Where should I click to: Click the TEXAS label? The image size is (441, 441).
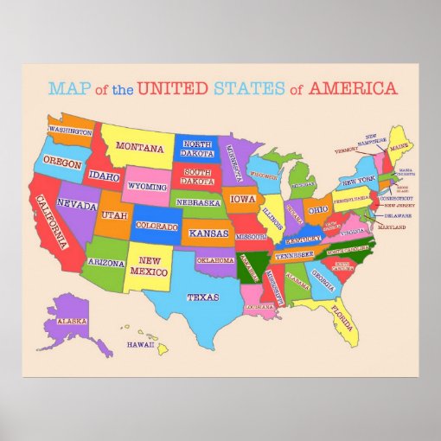(202, 297)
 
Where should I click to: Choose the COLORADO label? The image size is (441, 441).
(157, 227)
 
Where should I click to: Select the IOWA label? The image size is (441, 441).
(243, 198)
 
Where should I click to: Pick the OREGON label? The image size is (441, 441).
(61, 163)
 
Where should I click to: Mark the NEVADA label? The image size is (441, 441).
(77, 206)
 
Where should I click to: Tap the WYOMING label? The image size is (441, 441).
(147, 186)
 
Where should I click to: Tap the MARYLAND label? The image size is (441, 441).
(391, 227)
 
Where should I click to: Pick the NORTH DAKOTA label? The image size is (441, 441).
(198, 149)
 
